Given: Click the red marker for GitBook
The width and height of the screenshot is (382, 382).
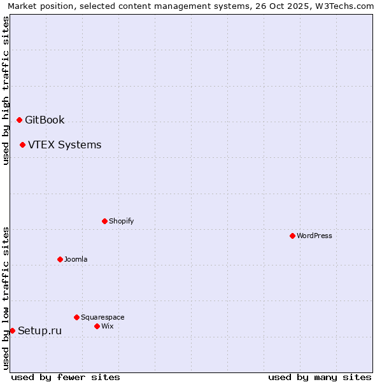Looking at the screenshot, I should [19, 120].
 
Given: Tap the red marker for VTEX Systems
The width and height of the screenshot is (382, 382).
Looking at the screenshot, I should [22, 145].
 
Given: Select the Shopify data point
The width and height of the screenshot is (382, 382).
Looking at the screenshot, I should [104, 221].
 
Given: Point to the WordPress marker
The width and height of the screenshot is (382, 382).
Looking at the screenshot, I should [292, 236].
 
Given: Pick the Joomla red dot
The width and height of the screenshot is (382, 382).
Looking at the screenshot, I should [60, 259].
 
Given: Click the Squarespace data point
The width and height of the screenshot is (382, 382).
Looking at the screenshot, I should [76, 317].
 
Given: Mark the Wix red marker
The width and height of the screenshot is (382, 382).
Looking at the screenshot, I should [97, 326].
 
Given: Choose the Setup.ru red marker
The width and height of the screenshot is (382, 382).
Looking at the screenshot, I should [12, 330].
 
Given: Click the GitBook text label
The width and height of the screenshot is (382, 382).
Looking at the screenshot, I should [45, 120].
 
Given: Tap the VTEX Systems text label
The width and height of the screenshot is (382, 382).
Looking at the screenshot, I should [64, 145].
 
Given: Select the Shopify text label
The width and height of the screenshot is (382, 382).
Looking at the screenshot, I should [121, 221].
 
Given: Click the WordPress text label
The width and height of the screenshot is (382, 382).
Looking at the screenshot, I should [314, 236].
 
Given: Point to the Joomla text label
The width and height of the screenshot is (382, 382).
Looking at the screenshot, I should [76, 259].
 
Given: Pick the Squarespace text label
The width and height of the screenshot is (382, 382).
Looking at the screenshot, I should [103, 317].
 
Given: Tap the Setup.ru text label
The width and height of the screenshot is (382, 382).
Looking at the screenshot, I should [39, 330].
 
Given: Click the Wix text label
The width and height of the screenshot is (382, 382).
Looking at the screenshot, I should [107, 326].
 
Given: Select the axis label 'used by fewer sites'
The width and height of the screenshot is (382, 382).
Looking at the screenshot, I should [66, 377].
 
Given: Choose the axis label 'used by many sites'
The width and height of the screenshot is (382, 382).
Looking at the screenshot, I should [320, 377].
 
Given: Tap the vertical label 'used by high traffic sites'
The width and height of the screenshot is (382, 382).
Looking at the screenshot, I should [6, 90].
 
